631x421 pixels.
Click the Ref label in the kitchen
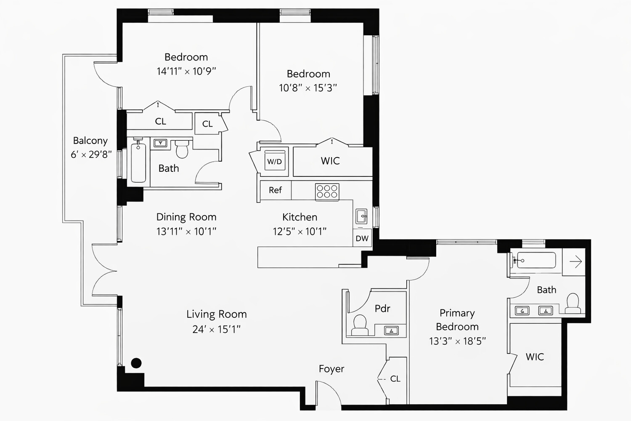(x=275, y=190)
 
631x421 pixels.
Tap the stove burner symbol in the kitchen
(x=327, y=192)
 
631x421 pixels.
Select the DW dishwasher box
(x=362, y=238)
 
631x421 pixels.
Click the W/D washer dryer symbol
(x=274, y=162)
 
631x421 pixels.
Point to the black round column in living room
(x=136, y=363)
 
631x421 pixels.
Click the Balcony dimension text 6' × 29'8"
(x=91, y=155)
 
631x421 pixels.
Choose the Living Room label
(x=216, y=314)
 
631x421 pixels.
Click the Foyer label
(x=331, y=369)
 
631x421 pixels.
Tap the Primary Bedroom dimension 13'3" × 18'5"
(x=457, y=341)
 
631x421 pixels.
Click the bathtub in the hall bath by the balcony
(x=138, y=163)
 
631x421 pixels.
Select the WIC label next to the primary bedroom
(x=535, y=357)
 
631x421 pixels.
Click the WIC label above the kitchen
(x=330, y=161)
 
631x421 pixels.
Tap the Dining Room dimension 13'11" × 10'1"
(x=186, y=231)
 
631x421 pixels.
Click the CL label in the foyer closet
(x=395, y=379)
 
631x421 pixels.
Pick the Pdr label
(x=382, y=309)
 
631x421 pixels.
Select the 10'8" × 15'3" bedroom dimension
(x=308, y=88)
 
